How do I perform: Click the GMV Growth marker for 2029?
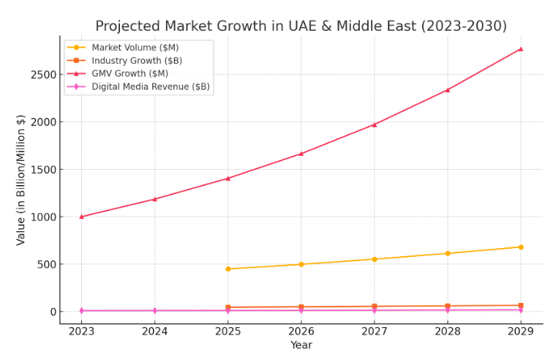click(520, 49)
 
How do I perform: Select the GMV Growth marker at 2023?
click(81, 217)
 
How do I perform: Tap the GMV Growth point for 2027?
click(374, 124)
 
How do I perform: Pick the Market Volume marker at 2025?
click(228, 269)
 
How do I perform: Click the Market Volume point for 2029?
click(520, 247)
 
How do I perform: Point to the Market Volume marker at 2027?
click(374, 259)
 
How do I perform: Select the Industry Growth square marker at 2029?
click(520, 305)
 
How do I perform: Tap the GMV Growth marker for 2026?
click(301, 154)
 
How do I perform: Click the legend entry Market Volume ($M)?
click(135, 48)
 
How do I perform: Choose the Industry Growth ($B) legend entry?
click(137, 61)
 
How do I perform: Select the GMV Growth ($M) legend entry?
click(129, 73)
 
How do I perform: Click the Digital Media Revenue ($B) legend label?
click(150, 86)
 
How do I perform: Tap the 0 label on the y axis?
click(51, 312)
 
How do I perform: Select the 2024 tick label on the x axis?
click(154, 331)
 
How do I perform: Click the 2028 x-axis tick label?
click(447, 331)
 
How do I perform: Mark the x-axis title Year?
click(301, 345)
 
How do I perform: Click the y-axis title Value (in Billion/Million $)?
click(21, 179)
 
